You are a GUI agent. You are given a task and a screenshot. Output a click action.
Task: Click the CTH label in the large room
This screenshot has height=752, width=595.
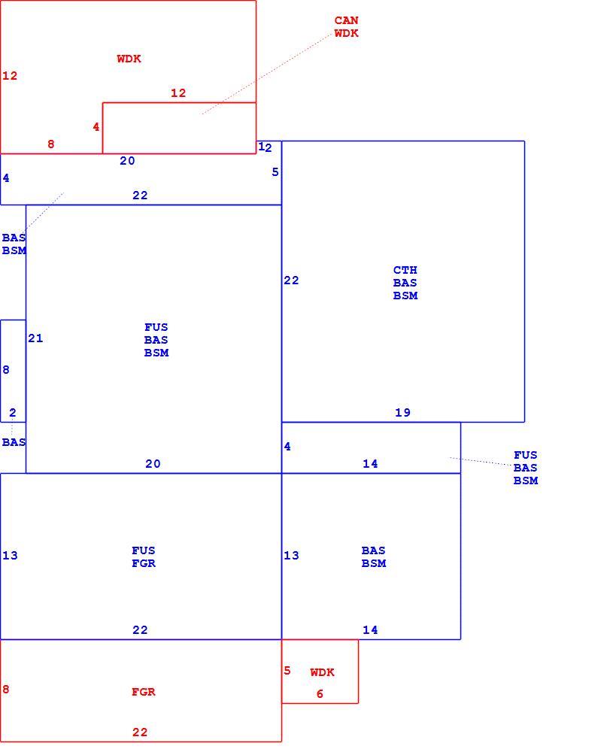(x=405, y=270)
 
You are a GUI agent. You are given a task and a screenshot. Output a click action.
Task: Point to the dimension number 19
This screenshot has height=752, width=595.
(x=402, y=412)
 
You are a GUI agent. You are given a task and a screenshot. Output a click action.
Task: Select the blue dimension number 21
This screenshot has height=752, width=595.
(x=35, y=338)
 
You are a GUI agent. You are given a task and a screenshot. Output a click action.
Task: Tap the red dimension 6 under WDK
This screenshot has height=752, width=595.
(x=320, y=693)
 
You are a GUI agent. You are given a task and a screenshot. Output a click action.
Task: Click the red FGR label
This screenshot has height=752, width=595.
(x=144, y=692)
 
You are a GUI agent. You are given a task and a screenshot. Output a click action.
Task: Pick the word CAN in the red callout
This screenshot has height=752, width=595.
(x=347, y=20)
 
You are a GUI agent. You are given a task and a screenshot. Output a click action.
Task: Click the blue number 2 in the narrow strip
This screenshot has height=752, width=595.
(x=13, y=412)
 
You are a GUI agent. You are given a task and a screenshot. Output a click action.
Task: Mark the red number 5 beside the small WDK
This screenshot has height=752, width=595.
(x=287, y=671)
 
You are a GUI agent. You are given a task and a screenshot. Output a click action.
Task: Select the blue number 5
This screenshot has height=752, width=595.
(x=275, y=171)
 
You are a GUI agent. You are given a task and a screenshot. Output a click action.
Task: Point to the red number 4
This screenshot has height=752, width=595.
(x=96, y=126)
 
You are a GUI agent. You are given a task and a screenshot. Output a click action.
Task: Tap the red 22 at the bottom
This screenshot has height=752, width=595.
(x=140, y=732)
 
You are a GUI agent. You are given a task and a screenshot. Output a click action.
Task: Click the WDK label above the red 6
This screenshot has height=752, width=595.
(x=323, y=672)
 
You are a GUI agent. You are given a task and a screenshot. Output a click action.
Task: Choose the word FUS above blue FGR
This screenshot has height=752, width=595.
(x=144, y=550)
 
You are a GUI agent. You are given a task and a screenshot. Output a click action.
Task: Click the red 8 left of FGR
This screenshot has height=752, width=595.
(x=6, y=689)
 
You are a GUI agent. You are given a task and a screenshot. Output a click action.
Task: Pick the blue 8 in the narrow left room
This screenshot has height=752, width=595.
(x=6, y=370)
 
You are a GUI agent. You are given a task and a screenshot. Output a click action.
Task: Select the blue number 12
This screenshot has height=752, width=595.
(x=265, y=147)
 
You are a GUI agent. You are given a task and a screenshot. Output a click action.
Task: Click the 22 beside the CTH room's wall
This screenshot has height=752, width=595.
(x=291, y=280)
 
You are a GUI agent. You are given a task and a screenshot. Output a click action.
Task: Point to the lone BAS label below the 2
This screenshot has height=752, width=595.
(x=14, y=441)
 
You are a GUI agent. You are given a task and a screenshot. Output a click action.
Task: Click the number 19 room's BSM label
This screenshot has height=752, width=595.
(x=405, y=296)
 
